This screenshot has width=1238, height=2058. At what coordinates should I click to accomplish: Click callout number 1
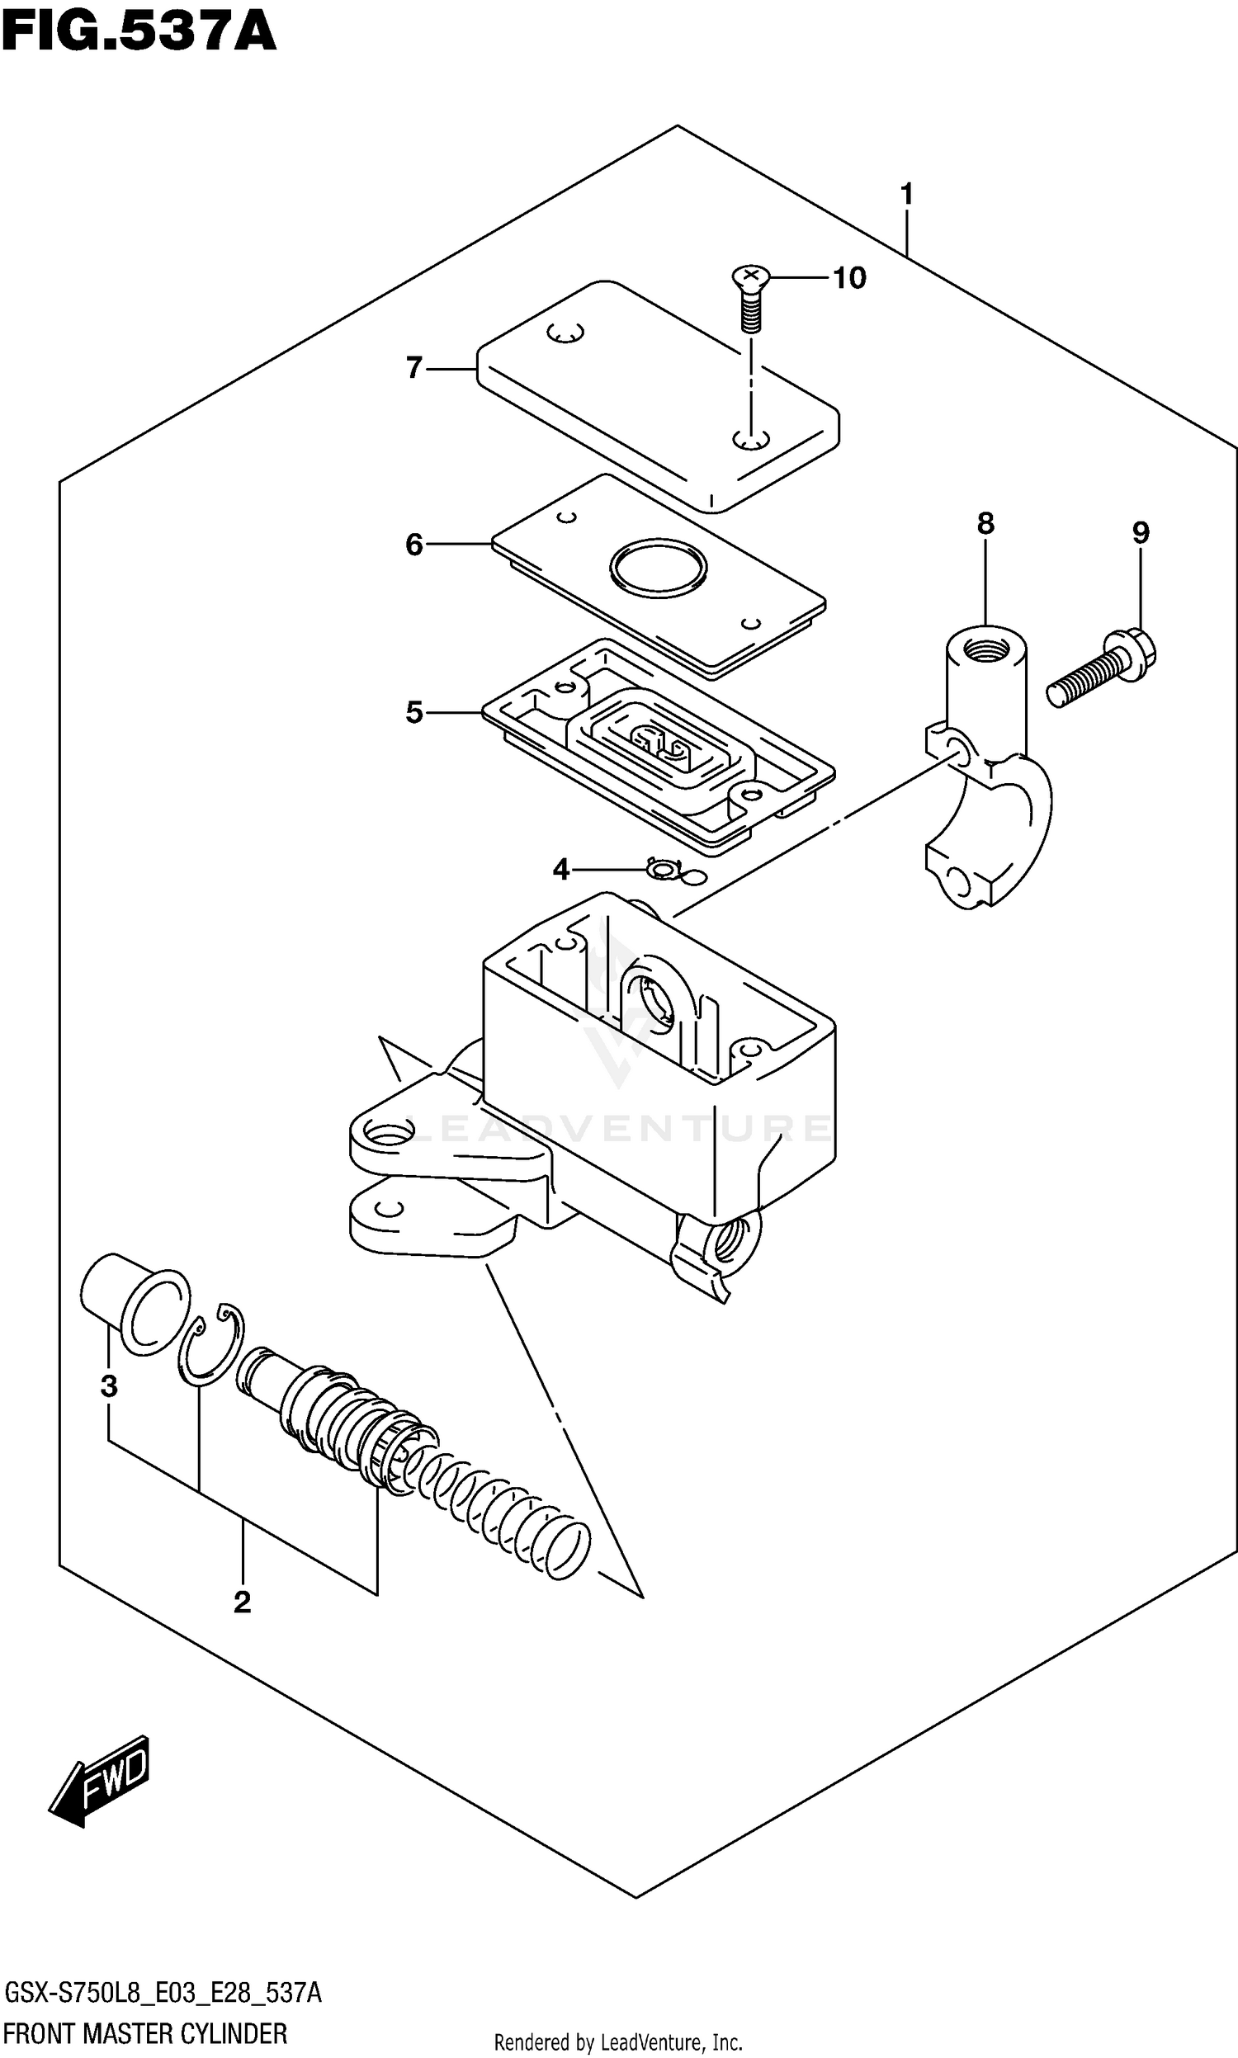click(907, 194)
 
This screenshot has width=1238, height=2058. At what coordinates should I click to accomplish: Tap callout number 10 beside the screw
click(849, 278)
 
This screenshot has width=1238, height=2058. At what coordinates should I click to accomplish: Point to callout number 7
click(413, 367)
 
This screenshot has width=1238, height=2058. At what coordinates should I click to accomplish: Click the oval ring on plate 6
click(659, 567)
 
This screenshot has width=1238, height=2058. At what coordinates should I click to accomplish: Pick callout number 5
click(413, 712)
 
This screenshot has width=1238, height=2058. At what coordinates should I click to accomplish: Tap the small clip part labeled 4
click(665, 871)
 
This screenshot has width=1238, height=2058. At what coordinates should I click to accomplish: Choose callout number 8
click(985, 524)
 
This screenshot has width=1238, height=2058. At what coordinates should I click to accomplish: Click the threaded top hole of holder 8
click(986, 647)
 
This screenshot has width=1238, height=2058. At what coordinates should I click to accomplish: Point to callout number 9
click(1141, 532)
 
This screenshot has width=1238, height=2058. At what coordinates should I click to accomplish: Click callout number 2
click(242, 1602)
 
